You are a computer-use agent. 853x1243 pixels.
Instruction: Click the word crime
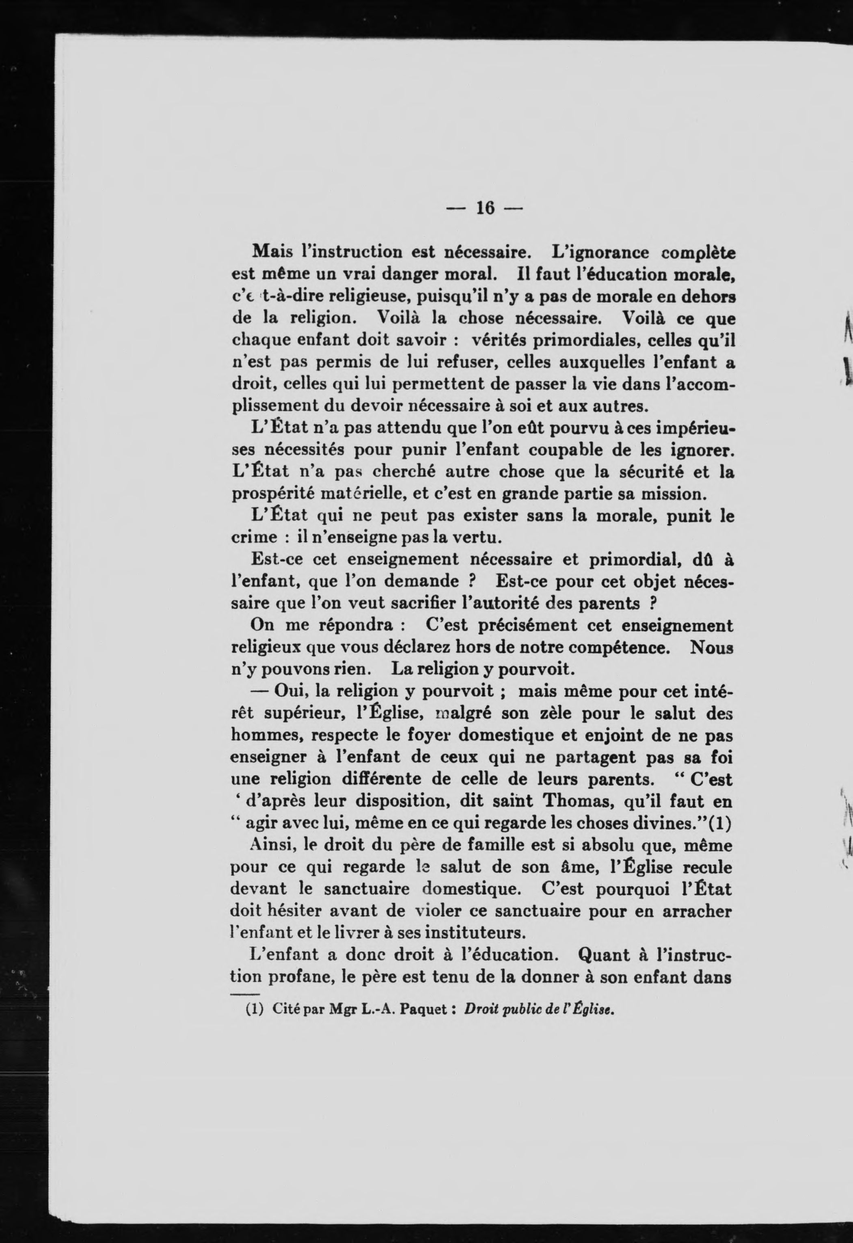254,537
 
